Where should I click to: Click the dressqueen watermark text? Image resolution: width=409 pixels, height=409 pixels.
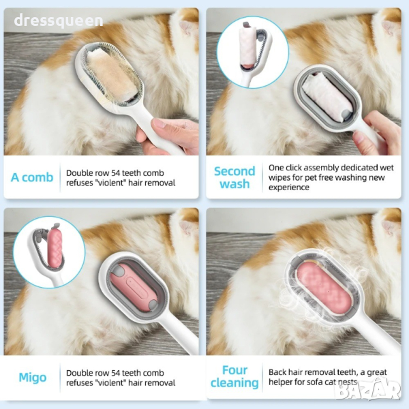[59, 21]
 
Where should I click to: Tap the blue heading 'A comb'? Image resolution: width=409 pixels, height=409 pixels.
[32, 177]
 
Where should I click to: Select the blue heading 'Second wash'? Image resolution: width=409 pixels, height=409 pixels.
[234, 177]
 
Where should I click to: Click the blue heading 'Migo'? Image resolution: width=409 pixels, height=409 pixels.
[33, 378]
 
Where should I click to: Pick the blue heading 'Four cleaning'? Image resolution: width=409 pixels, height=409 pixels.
[234, 377]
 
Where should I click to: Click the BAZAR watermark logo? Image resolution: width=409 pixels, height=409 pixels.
[368, 390]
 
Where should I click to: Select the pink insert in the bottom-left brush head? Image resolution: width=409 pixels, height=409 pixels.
[134, 287]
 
